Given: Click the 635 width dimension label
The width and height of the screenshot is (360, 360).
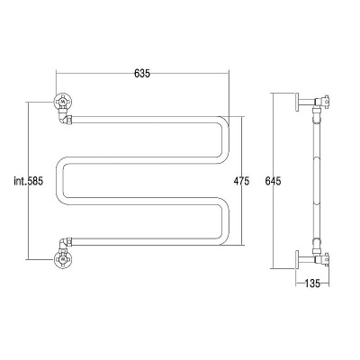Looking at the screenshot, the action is click(x=142, y=74).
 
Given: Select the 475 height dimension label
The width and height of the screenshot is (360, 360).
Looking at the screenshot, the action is click(x=241, y=181).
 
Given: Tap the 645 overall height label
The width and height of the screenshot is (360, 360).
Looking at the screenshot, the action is click(x=273, y=181).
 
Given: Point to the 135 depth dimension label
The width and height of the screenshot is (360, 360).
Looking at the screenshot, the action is click(x=312, y=283).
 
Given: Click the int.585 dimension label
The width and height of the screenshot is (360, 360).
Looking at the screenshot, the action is click(x=29, y=181).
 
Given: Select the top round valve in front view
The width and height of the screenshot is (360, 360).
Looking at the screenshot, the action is click(x=63, y=102).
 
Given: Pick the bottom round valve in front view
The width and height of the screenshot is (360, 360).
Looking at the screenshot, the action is click(x=63, y=259).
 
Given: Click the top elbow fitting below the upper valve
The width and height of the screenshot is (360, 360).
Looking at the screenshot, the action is click(x=65, y=118).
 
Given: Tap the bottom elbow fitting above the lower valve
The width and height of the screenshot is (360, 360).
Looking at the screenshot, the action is click(x=65, y=244).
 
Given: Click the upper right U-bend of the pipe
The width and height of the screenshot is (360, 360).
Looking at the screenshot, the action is click(x=226, y=139).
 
